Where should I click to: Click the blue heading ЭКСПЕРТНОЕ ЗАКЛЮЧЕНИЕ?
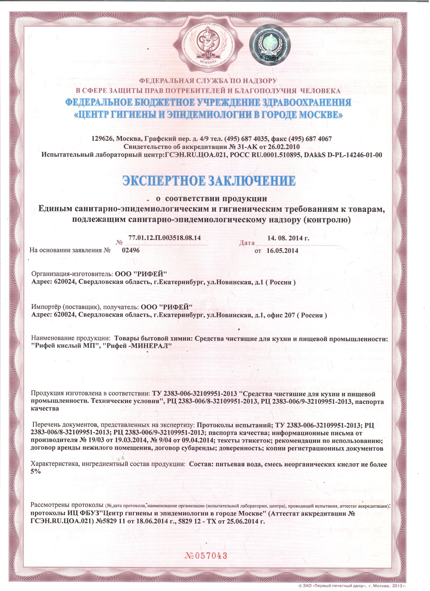pyautogui.click(x=209, y=181)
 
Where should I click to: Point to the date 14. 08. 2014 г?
pyautogui.click(x=288, y=238)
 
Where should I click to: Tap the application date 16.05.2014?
pyautogui.click(x=282, y=251)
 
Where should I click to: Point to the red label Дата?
pyautogui.click(x=247, y=243)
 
